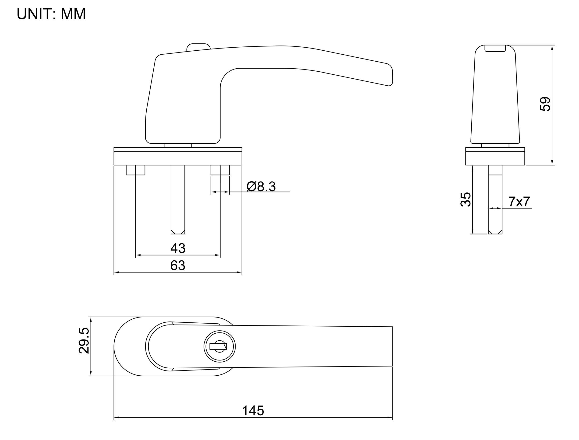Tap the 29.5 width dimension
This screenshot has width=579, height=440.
point(84,340)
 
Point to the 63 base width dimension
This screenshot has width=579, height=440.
point(178,265)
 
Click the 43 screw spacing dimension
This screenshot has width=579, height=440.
point(178,248)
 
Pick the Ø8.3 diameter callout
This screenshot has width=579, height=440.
point(261,187)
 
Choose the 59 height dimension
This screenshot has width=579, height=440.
point(545,104)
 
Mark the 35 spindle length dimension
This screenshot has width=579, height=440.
point(466,199)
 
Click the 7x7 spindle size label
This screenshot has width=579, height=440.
point(519,202)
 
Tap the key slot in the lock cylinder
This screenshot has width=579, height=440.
point(218,346)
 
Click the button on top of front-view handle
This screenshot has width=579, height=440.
point(198,47)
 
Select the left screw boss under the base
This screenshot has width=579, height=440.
point(135,170)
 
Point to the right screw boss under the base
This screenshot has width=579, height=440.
point(220,170)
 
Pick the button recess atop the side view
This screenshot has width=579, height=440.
point(495,48)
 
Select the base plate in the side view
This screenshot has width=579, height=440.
point(495,158)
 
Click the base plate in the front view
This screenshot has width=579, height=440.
point(178,158)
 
